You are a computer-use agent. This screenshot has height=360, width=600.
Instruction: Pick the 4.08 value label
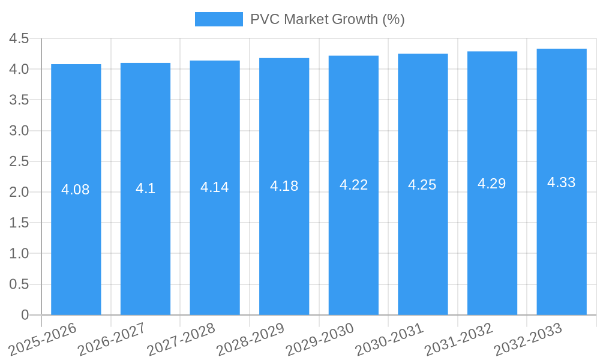pyautogui.click(x=76, y=190)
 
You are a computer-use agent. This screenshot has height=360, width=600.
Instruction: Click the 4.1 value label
pyautogui.click(x=145, y=188)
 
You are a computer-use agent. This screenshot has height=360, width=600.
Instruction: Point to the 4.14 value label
pyautogui.click(x=215, y=187)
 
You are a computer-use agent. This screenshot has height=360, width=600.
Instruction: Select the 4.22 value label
pyautogui.click(x=354, y=185)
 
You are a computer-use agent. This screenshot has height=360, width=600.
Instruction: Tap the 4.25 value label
pyautogui.click(x=422, y=185)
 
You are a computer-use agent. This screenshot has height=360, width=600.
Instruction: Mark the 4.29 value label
pyautogui.click(x=492, y=184)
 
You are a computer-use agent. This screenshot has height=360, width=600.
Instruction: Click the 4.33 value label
pyautogui.click(x=562, y=182)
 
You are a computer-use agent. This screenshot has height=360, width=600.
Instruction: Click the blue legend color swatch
pyautogui.click(x=218, y=19)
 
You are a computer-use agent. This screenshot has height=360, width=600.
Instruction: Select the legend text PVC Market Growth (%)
pyautogui.click(x=328, y=19)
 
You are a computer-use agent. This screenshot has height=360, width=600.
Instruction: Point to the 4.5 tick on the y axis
pyautogui.click(x=19, y=39)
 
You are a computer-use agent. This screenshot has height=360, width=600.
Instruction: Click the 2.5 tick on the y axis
pyautogui.click(x=19, y=161)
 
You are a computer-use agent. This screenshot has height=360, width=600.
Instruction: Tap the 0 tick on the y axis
pyautogui.click(x=25, y=315)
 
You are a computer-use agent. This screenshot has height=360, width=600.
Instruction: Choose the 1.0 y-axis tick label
pyautogui.click(x=19, y=253)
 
